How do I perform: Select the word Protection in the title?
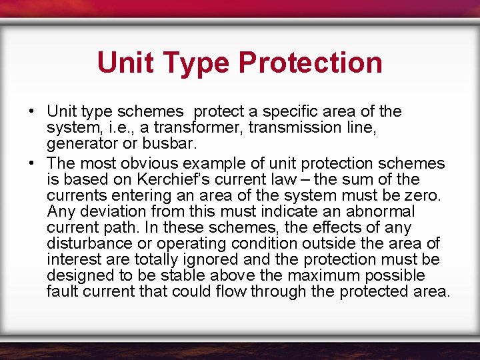click(x=310, y=63)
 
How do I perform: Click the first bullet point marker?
click(x=32, y=111)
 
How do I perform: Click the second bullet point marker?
click(x=32, y=163)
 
